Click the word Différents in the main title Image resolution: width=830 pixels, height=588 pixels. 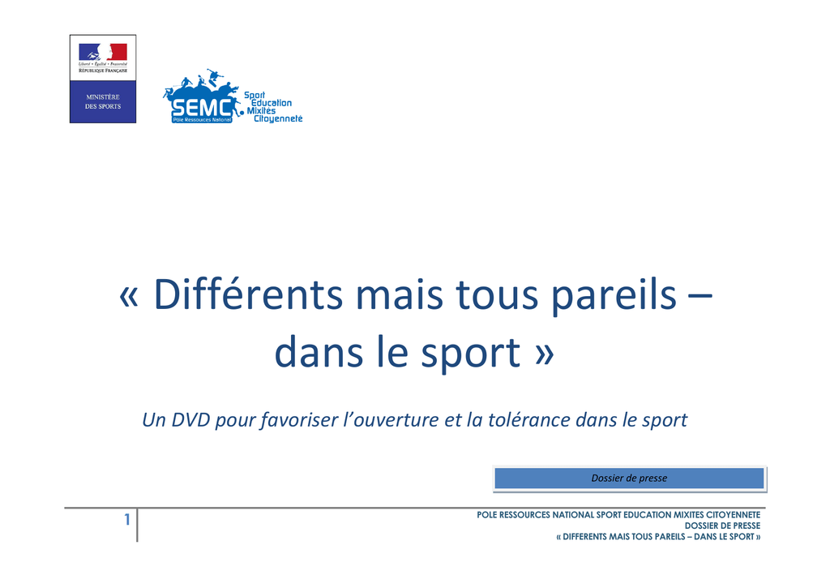[248, 294]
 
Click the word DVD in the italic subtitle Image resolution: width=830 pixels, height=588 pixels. [191, 419]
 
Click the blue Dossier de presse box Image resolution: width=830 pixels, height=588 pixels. [629, 479]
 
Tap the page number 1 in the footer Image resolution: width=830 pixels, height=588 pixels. [127, 520]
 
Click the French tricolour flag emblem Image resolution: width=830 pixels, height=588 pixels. [103, 53]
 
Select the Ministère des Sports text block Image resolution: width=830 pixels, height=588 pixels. [103, 101]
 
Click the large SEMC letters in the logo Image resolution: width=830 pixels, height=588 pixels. [202, 108]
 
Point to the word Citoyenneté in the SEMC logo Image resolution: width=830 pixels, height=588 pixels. [278, 119]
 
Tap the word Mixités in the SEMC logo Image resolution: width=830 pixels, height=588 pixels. [261, 111]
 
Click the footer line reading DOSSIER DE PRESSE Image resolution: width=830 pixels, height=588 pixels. [722, 526]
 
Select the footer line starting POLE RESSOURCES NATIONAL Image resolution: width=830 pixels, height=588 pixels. [618, 514]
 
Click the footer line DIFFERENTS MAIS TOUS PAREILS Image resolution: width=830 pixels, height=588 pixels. [658, 537]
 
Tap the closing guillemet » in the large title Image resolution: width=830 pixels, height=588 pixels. [544, 354]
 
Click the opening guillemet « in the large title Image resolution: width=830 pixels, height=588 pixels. [129, 296]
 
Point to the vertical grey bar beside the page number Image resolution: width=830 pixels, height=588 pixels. [137, 525]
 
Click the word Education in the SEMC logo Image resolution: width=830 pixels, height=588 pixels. [271, 103]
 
